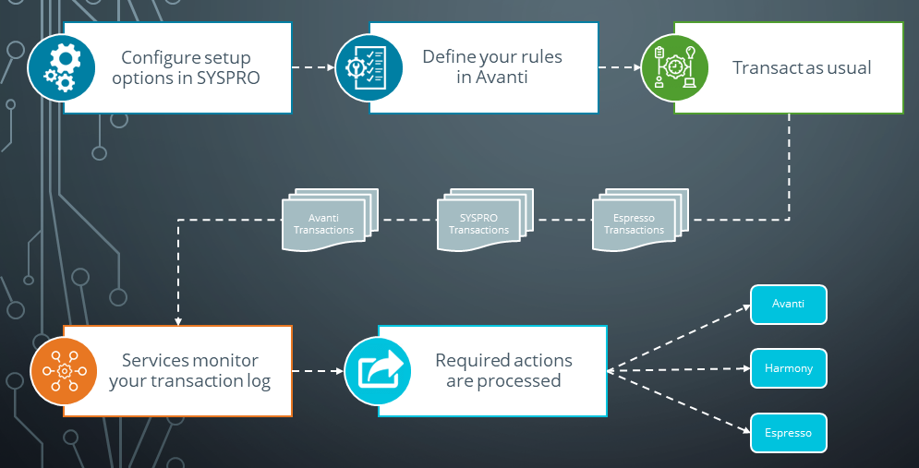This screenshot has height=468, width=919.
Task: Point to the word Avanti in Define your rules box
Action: click(x=504, y=78)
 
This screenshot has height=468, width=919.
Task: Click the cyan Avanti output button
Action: click(x=788, y=305)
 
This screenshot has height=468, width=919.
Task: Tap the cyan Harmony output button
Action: click(x=788, y=368)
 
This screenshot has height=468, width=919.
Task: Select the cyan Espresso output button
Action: click(x=788, y=432)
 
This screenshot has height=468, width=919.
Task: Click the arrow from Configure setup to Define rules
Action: click(x=313, y=67)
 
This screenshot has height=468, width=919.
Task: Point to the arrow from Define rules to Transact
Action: click(x=620, y=67)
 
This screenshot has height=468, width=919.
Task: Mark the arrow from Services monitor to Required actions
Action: click(x=319, y=371)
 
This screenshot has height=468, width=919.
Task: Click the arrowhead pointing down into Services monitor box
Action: click(x=177, y=319)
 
